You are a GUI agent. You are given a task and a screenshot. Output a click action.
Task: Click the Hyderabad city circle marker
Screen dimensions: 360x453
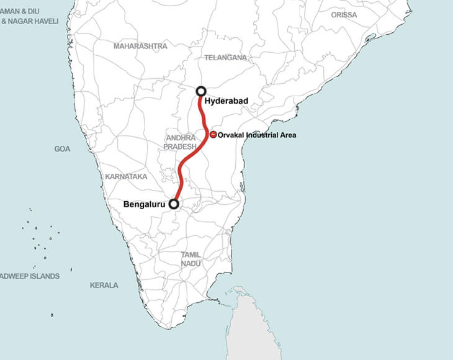point(201,91)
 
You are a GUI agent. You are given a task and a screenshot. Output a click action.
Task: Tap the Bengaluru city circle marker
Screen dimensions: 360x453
point(174,204)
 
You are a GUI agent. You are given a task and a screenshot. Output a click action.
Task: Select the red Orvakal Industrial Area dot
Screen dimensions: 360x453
point(213,135)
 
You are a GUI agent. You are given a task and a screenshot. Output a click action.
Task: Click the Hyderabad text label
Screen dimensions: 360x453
point(226,101)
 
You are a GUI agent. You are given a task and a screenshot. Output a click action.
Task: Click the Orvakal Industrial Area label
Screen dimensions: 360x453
point(257,135)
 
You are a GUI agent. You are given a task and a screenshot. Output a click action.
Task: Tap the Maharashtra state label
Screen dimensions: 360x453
point(140,46)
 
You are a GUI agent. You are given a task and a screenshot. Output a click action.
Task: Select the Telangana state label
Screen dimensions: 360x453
point(225,58)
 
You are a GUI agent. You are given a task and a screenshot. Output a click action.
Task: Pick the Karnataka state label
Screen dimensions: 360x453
point(127,177)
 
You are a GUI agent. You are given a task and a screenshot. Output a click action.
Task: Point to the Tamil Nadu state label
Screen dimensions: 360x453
point(191,259)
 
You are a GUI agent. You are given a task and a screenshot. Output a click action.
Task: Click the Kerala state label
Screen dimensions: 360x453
point(104,286)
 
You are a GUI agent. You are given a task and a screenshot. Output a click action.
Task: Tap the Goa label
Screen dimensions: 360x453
point(62,149)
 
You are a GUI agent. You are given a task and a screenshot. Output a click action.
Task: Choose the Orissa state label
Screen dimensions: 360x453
point(344,14)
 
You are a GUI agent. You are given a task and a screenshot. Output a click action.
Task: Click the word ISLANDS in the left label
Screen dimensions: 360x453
point(43,276)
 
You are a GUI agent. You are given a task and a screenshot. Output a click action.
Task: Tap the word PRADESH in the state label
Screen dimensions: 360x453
point(180,146)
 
